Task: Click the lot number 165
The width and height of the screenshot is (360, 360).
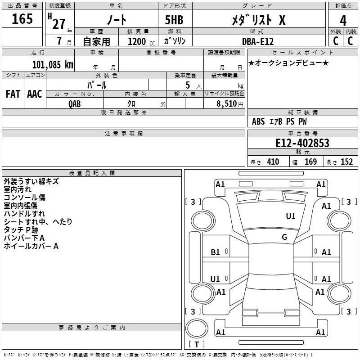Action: pyautogui.click(x=22, y=19)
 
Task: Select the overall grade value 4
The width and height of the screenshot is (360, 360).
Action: pyautogui.click(x=343, y=20)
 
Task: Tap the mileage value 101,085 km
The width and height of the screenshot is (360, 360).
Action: pyautogui.click(x=53, y=64)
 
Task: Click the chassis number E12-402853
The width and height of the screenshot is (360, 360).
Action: pyautogui.click(x=302, y=143)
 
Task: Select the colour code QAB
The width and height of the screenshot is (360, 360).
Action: pyautogui.click(x=75, y=103)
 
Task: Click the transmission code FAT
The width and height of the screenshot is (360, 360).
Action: pyautogui.click(x=13, y=94)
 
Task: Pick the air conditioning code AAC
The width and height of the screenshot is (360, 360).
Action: pyautogui.click(x=35, y=94)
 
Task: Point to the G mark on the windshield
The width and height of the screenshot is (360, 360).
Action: pyautogui.click(x=284, y=237)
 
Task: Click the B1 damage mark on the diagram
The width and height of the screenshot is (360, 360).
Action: pyautogui.click(x=216, y=252)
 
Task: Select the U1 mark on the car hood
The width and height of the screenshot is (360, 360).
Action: pyautogui.click(x=291, y=216)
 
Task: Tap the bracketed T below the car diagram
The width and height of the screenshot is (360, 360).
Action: pyautogui.click(x=197, y=345)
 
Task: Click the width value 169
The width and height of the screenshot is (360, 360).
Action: pyautogui.click(x=310, y=162)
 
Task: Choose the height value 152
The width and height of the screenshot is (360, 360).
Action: pyautogui.click(x=346, y=162)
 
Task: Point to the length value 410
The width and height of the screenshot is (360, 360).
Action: pyautogui.click(x=273, y=162)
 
